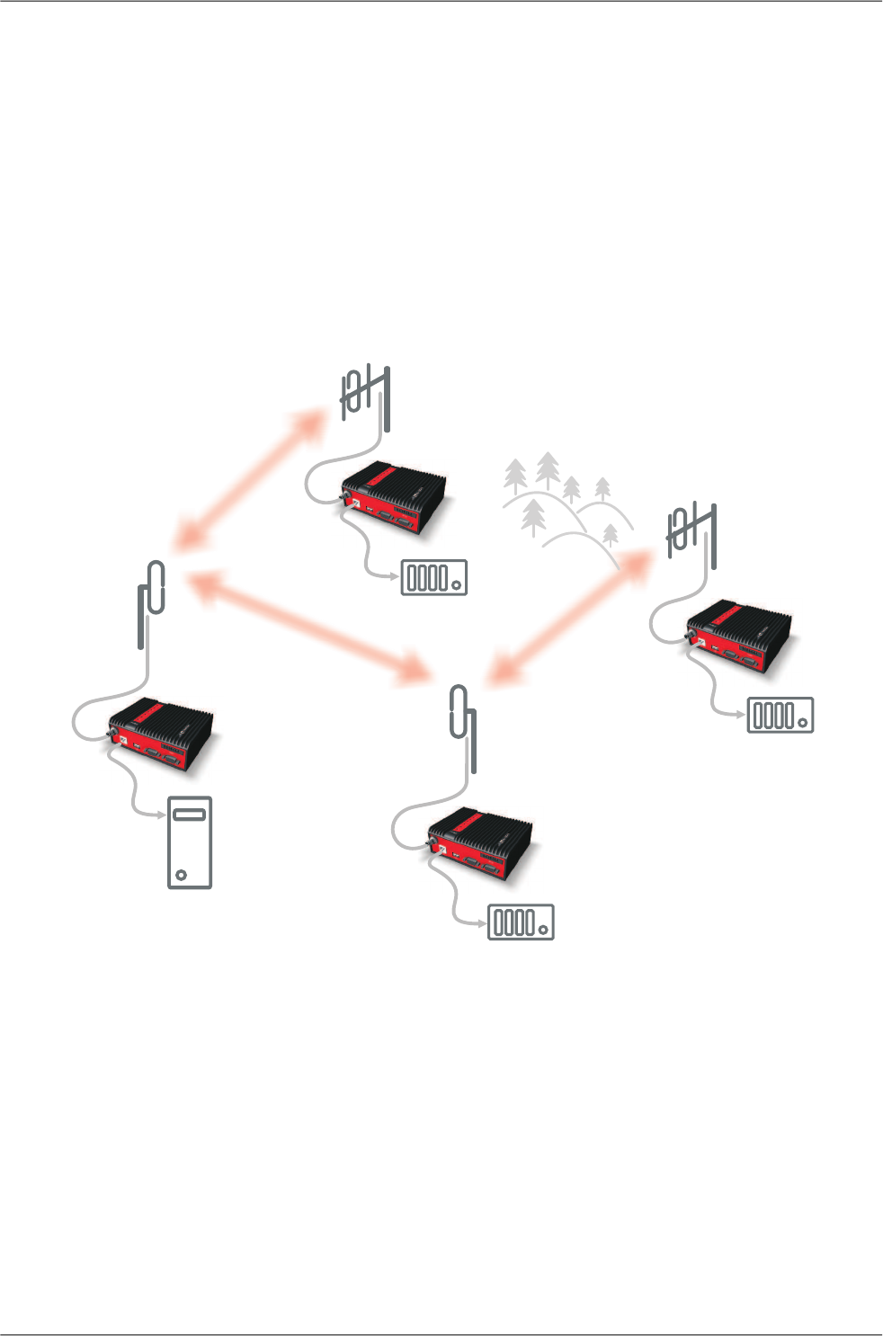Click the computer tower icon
click(x=190, y=842)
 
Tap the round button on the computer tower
click(x=182, y=874)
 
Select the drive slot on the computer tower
click(x=190, y=815)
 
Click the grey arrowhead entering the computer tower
click(x=162, y=815)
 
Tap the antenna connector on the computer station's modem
click(x=114, y=735)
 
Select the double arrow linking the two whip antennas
click(x=306, y=625)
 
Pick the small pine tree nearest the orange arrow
click(x=611, y=535)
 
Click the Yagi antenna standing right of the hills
click(x=694, y=534)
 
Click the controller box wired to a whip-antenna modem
click(x=521, y=922)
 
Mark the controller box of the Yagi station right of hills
click(x=780, y=715)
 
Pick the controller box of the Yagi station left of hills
click(x=434, y=577)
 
